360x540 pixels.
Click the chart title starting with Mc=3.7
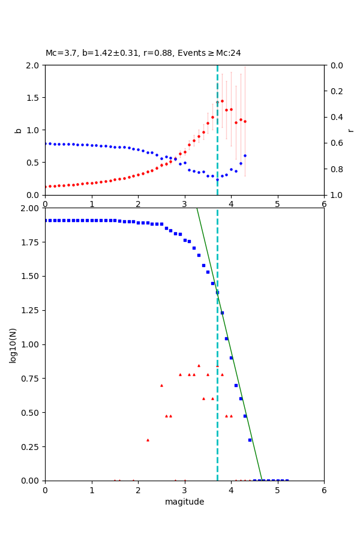[143, 53]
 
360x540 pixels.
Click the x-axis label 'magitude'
[184, 502]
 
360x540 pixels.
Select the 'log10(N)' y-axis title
[13, 344]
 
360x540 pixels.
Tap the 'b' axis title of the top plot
[18, 130]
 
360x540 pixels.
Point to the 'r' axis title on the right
[350, 130]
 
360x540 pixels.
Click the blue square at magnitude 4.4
[250, 440]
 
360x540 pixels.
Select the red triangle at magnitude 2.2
[148, 440]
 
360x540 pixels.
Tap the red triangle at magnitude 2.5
[161, 385]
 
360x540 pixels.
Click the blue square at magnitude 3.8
[222, 313]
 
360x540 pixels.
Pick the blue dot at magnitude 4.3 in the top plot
[245, 155]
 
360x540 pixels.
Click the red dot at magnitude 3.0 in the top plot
[185, 152]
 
